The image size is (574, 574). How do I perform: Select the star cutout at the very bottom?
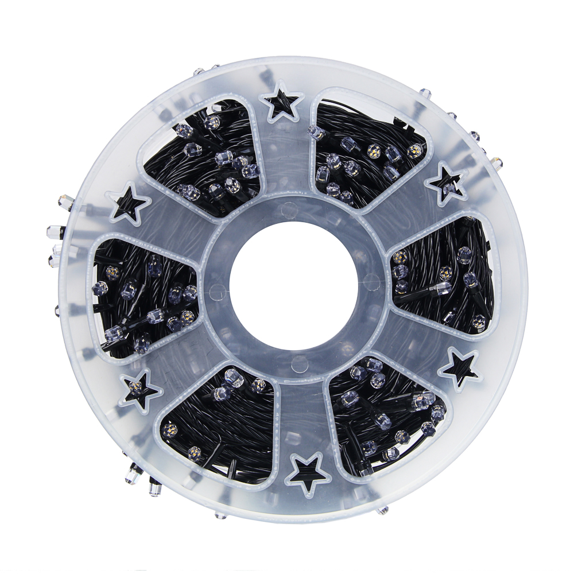308,472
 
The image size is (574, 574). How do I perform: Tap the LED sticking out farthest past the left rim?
54,232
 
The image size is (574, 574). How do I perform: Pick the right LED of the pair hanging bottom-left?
154,488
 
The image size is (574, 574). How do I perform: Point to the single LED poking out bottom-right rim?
382,510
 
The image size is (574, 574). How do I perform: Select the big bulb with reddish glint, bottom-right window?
422,400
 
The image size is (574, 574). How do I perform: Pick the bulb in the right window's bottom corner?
478,322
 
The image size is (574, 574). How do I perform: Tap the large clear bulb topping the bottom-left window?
233,377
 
